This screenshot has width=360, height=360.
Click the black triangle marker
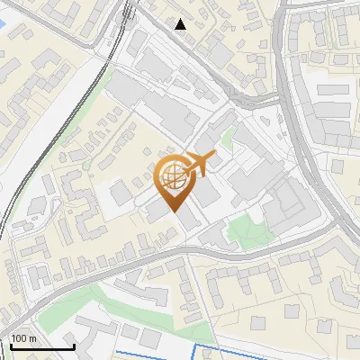coord(181,24)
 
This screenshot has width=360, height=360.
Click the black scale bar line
coord(42,346)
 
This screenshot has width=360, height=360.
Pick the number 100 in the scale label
coord(19,338)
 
